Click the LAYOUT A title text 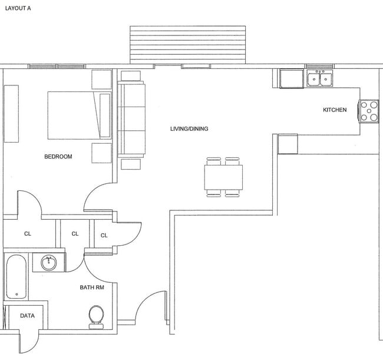(x=18, y=9)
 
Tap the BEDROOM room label (x=58, y=157)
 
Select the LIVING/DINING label (x=189, y=128)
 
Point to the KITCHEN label (x=335, y=110)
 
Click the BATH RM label (x=92, y=288)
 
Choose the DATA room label (x=27, y=316)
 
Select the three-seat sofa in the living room (x=131, y=118)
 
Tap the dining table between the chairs (x=223, y=177)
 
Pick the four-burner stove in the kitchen (x=369, y=111)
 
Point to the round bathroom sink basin (x=48, y=263)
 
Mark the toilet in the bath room (x=95, y=316)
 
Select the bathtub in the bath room (x=15, y=277)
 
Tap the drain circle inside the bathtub (x=16, y=294)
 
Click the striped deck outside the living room (x=187, y=44)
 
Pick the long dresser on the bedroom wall (x=11, y=113)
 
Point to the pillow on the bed (x=105, y=115)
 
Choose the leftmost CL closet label (x=27, y=234)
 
